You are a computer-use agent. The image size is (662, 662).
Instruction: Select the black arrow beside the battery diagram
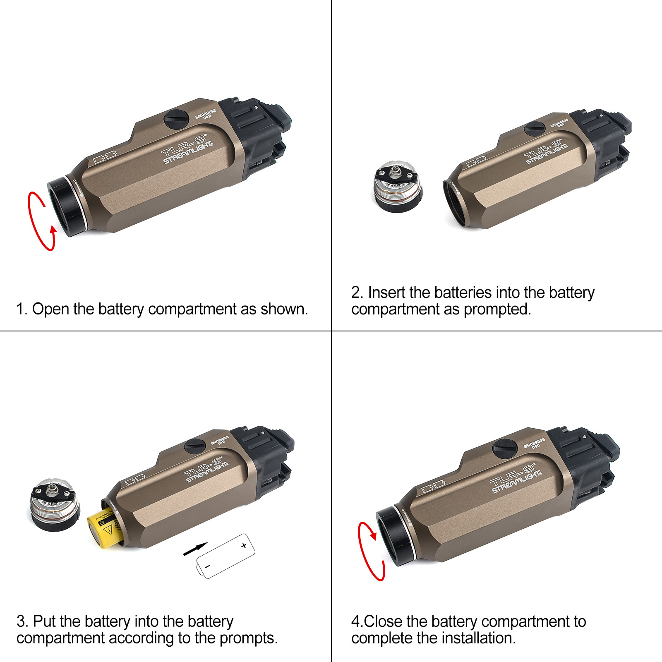pyautogui.click(x=195, y=549)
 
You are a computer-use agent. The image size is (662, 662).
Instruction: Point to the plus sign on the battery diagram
pyautogui.click(x=244, y=546)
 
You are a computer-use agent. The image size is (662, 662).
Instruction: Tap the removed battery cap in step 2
pyautogui.click(x=398, y=187)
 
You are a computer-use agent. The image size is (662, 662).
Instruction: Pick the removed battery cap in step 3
pyautogui.click(x=55, y=505)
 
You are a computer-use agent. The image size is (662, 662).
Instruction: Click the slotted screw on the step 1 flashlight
pyautogui.click(x=177, y=119)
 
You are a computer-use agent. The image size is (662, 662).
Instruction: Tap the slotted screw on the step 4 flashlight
pyautogui.click(x=505, y=449)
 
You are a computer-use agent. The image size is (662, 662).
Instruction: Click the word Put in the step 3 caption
pyautogui.click(x=44, y=621)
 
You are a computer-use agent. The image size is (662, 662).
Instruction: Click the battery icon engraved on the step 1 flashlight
pyautogui.click(x=105, y=157)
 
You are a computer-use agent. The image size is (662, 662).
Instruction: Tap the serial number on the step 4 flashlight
pyautogui.click(x=535, y=444)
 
